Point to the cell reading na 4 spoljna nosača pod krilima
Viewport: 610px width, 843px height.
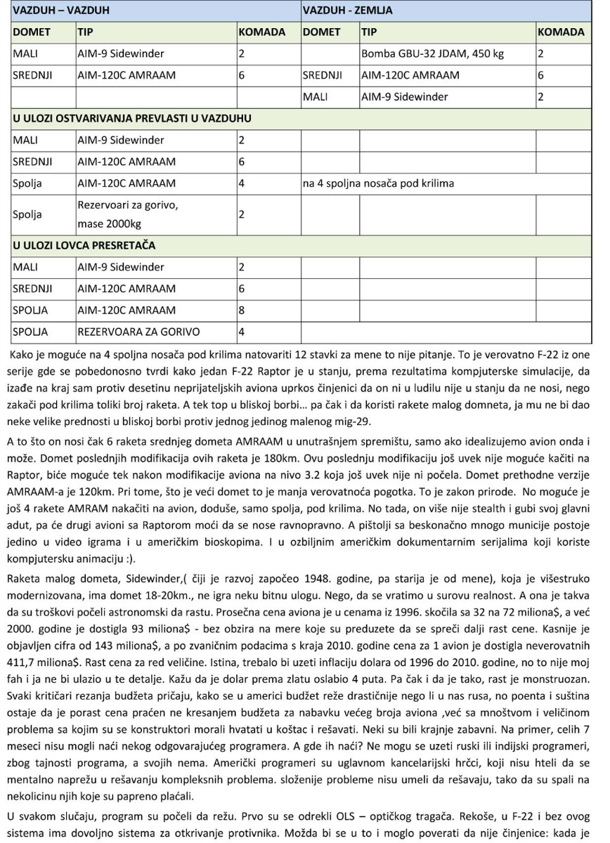pos(378,183)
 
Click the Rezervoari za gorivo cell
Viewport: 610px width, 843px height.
pos(128,205)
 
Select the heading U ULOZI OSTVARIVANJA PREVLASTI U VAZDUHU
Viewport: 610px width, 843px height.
pos(132,118)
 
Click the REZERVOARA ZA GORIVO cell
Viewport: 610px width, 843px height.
pos(138,332)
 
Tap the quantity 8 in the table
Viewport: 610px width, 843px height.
pos(242,310)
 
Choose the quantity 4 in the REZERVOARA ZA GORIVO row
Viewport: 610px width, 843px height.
pos(242,332)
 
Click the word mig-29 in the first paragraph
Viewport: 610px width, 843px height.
pos(403,421)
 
